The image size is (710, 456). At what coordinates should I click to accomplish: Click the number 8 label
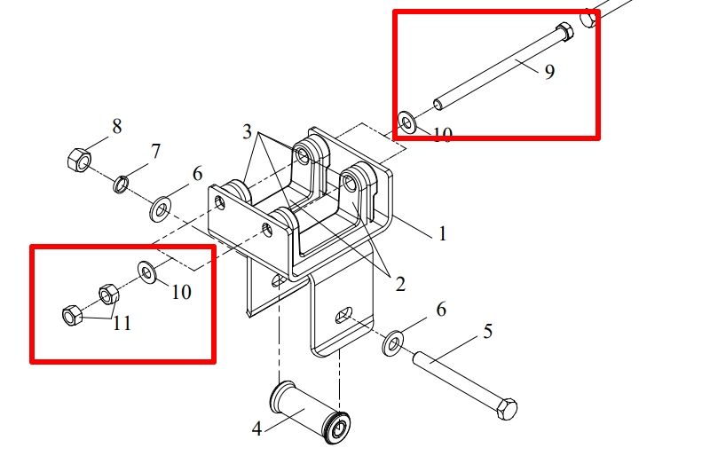117,126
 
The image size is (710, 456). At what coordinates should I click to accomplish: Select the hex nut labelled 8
79,160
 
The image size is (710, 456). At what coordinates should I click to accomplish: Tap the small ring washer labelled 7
121,185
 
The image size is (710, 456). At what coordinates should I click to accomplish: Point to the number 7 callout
155,151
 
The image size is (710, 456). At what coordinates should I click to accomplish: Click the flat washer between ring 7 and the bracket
161,209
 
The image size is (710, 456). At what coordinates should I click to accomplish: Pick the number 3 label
247,132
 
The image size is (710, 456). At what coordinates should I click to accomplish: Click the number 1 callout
442,233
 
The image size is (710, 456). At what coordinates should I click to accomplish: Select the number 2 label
400,285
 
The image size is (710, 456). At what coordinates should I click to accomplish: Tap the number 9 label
549,72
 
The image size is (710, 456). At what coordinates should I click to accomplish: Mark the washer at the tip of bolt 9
407,122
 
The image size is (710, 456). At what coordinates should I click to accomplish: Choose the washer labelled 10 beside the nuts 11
147,272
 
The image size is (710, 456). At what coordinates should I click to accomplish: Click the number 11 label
122,323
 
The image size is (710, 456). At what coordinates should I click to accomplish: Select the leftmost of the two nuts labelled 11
72,315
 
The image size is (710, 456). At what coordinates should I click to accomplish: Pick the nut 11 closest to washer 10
108,295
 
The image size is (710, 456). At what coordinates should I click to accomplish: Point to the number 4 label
256,428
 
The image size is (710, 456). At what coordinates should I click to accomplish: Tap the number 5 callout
487,332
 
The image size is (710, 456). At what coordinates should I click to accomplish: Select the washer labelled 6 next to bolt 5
393,343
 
